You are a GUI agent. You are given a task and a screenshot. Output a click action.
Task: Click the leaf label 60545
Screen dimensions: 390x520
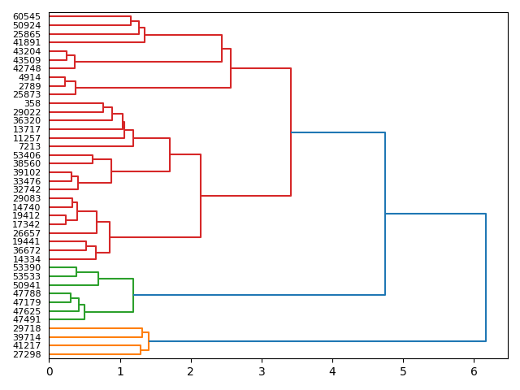27,16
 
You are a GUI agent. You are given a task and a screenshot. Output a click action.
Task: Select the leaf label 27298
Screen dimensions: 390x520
27,354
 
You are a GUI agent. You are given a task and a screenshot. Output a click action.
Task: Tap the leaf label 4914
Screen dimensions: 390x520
29,77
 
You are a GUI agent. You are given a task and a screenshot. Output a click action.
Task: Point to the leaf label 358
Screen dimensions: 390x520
32,103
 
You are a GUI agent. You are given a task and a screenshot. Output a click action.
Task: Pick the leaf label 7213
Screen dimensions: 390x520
29,146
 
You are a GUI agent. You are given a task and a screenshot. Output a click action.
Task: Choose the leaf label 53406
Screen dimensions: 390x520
27,155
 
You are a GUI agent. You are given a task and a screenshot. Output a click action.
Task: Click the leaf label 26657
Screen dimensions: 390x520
27,233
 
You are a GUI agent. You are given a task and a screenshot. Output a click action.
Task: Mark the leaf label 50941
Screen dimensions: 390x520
27,285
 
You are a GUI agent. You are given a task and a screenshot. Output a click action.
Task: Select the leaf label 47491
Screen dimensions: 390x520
27,319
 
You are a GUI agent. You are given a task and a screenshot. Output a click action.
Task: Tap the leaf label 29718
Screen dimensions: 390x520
27,328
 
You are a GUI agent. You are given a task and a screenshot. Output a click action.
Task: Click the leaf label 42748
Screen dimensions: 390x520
27,68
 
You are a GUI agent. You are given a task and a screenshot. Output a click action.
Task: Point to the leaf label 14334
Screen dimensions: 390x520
27,259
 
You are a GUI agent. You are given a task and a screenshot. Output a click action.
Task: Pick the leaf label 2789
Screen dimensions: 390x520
29,86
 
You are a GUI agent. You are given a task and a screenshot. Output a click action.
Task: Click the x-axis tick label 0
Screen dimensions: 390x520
49,371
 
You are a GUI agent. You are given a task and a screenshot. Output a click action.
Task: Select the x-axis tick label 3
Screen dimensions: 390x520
262,371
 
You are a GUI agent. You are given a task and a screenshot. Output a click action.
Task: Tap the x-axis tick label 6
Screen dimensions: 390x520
474,371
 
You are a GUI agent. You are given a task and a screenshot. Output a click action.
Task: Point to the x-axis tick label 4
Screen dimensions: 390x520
332,371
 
